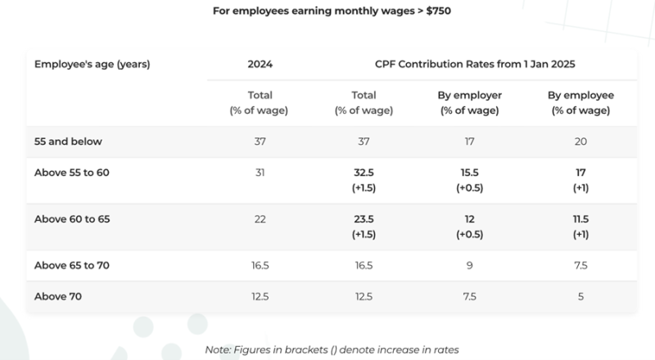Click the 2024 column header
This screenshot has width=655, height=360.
pos(260,63)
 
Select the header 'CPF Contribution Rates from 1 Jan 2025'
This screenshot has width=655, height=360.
pos(463,63)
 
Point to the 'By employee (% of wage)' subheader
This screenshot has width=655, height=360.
pos(580,102)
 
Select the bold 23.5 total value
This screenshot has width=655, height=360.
pos(356,220)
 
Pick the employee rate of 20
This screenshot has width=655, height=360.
pos(580,142)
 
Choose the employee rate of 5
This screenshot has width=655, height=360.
pos(580,295)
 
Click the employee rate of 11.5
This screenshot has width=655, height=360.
pos(580,220)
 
